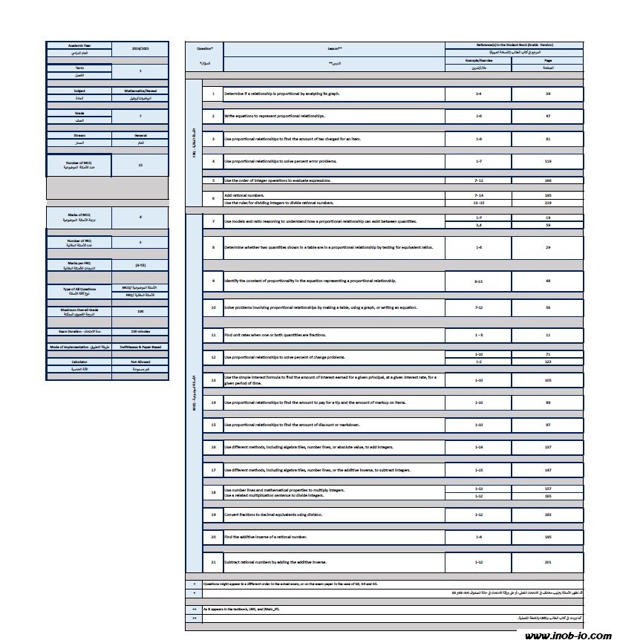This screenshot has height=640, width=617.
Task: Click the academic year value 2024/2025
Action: point(140,47)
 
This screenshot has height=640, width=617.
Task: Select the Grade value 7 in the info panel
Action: point(140,116)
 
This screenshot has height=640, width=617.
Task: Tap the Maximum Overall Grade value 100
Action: point(140,312)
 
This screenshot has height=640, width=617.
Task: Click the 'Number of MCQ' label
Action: point(79,163)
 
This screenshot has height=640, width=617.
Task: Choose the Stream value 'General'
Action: point(140,136)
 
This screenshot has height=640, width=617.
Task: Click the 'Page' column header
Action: point(547,59)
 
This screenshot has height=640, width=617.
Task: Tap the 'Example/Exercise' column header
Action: point(477,59)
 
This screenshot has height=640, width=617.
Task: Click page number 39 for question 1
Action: point(547,94)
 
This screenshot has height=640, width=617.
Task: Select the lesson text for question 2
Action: point(274,117)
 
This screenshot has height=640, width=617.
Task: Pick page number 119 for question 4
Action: point(547,161)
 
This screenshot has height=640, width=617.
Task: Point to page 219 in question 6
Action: point(547,203)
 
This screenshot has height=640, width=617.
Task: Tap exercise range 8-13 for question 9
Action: point(477,281)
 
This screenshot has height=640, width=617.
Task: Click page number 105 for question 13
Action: point(547,379)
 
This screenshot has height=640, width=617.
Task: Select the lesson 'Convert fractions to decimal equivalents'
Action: point(274,514)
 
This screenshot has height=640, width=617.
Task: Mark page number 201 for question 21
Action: point(547,562)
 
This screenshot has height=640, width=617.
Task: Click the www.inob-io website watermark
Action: point(567,635)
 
